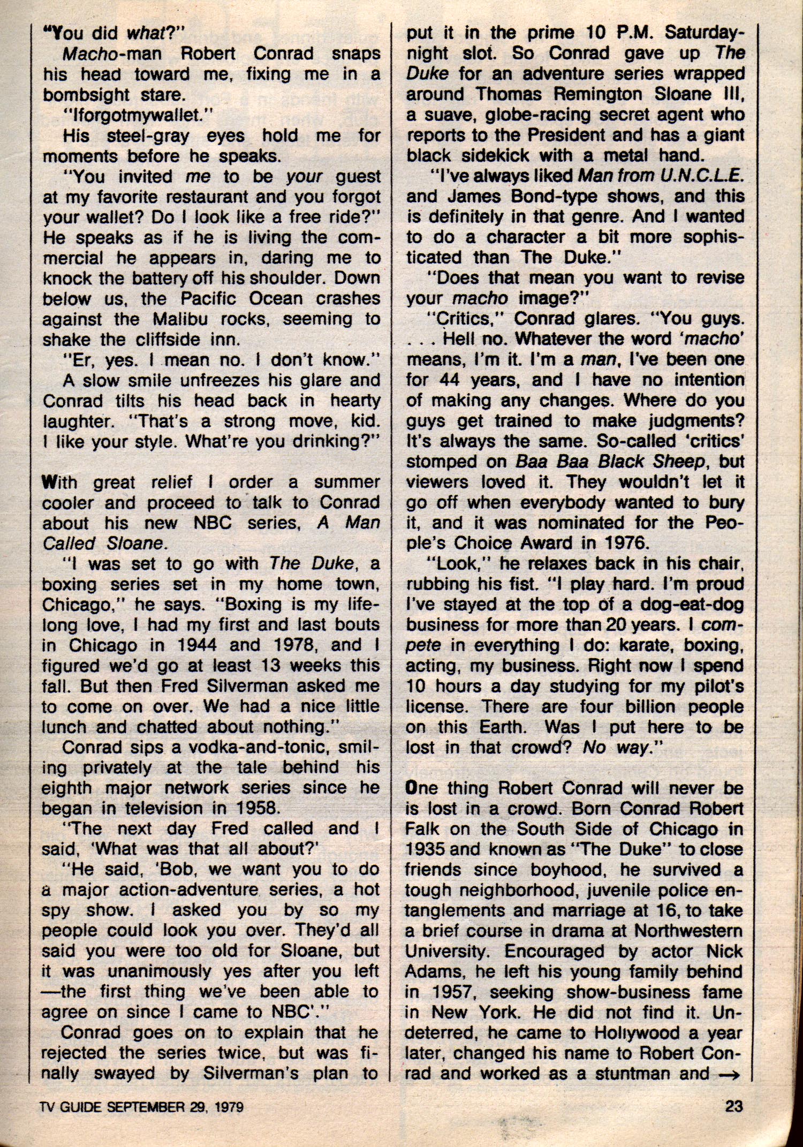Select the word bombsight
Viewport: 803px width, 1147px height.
click(86, 95)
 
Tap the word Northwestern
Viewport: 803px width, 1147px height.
click(688, 931)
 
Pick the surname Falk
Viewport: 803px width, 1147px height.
click(422, 829)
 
